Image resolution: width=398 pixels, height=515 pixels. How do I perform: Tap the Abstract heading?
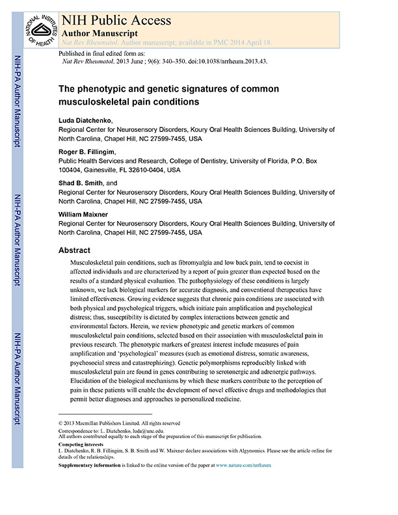point(74,250)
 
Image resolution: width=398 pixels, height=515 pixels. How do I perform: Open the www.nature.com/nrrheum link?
point(243,466)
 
